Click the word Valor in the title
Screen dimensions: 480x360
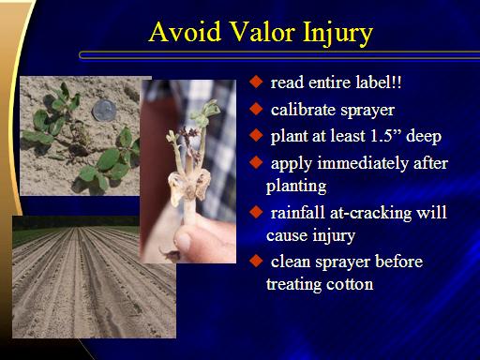(x=262, y=32)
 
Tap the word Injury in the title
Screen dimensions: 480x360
(x=337, y=35)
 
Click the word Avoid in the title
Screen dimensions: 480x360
(x=186, y=32)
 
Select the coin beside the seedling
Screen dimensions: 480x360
(x=104, y=110)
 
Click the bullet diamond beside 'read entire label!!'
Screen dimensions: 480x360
(x=256, y=82)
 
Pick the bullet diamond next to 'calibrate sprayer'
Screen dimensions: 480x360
(x=256, y=109)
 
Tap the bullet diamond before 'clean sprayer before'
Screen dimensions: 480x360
(x=256, y=261)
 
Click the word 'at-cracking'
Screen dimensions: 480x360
(x=370, y=214)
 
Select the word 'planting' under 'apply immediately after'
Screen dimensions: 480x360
(x=296, y=187)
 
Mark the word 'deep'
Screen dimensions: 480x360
(x=424, y=137)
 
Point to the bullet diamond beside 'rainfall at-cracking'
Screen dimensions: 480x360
(x=256, y=212)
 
